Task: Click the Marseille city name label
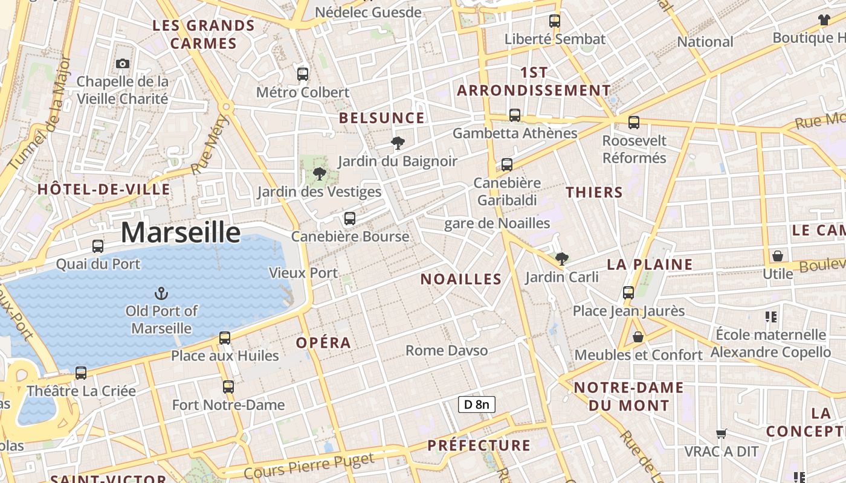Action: point(181,232)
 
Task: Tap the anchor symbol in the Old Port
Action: point(161,293)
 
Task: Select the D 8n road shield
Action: point(477,405)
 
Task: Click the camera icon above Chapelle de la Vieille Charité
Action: point(123,63)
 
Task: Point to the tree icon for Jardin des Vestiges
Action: point(320,174)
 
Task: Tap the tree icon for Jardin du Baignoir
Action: point(398,143)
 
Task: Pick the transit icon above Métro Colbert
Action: point(303,74)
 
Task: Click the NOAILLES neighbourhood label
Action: point(461,279)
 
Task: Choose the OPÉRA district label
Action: point(323,343)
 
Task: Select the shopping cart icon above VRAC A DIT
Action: point(721,433)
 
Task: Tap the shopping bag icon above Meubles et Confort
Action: point(638,337)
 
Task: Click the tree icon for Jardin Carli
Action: point(562,259)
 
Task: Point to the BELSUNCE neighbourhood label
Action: point(382,118)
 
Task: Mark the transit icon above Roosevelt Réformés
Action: point(634,123)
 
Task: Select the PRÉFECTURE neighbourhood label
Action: point(479,446)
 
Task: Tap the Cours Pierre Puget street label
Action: point(309,466)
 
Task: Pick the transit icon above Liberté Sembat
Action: point(555,21)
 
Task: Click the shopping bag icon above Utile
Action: point(778,256)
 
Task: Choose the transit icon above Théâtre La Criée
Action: point(81,373)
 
